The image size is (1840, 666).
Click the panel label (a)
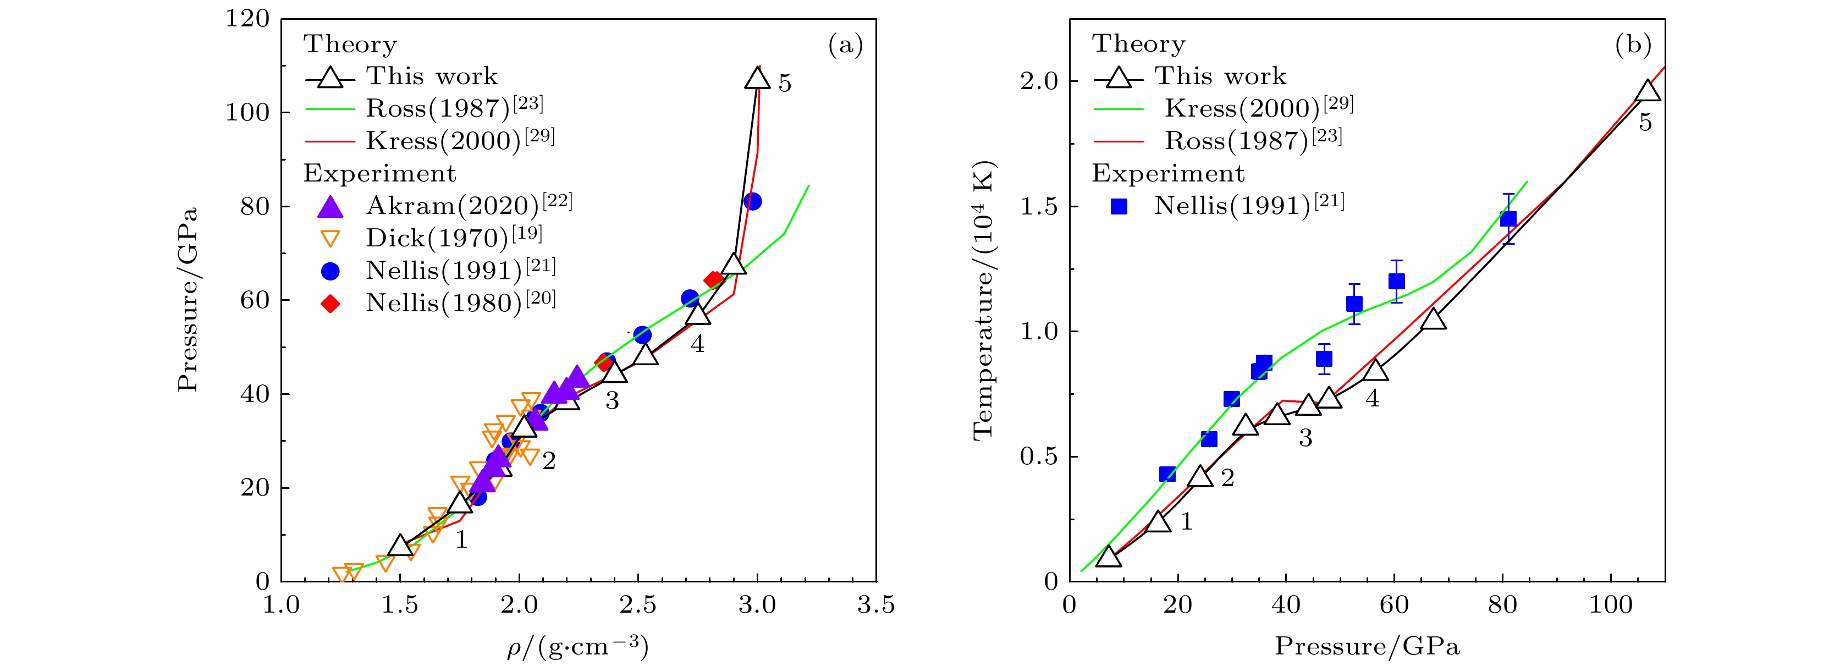[x=845, y=45]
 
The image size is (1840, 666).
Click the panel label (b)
[x=1633, y=45]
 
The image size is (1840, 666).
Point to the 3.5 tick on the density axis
[x=875, y=606]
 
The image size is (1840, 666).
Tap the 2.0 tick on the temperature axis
[x=1039, y=81]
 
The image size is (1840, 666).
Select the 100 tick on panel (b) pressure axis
[x=1611, y=606]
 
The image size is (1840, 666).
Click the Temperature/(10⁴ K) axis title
[x=984, y=300]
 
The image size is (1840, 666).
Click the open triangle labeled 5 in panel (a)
[x=757, y=78]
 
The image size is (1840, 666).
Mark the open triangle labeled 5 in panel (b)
[x=1647, y=91]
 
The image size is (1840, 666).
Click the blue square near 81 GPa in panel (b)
[x=1508, y=219]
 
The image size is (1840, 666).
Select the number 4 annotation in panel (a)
[x=697, y=344]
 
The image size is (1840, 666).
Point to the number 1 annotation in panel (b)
[x=1186, y=522]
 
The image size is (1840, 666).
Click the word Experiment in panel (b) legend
[x=1168, y=174]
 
